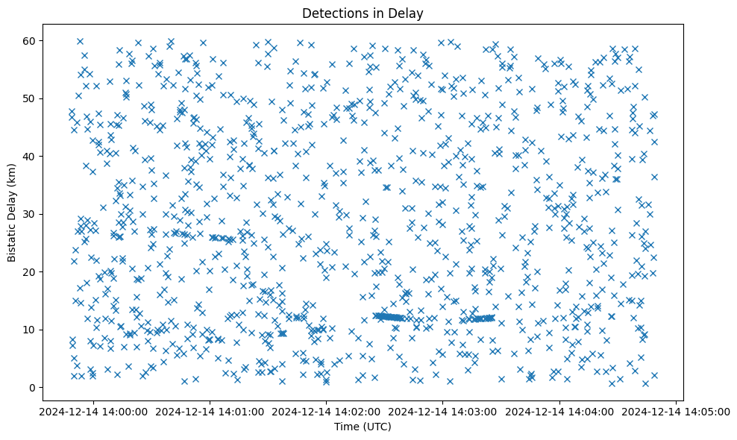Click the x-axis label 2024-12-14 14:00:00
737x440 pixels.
(x=94, y=411)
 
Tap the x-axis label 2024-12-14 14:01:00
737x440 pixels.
(x=210, y=411)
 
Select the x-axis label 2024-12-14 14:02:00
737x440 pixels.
(x=327, y=411)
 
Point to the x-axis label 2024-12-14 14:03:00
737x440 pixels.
(x=443, y=411)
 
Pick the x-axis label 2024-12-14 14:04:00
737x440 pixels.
(x=559, y=411)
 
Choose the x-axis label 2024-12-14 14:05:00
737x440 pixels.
(x=676, y=411)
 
